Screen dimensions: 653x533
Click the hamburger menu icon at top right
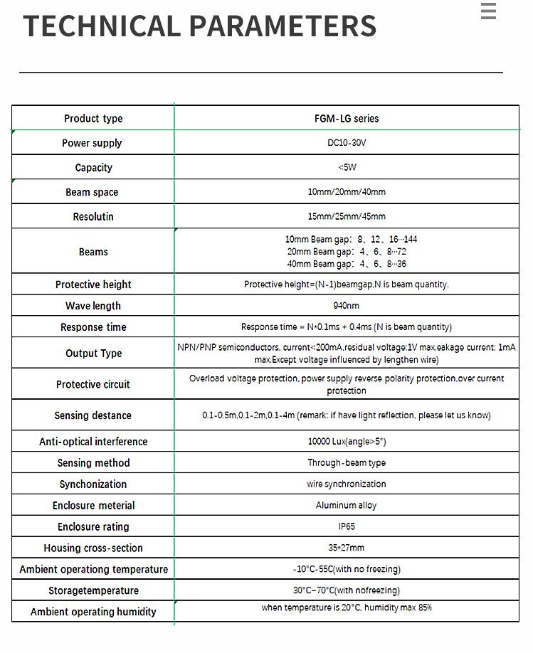pos(488,11)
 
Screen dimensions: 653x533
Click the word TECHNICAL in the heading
pos(102,27)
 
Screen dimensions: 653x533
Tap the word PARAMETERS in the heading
pos(283,27)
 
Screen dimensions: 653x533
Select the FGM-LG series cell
pos(347,119)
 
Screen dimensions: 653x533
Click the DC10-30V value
pos(347,143)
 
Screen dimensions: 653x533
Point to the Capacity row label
pos(93,168)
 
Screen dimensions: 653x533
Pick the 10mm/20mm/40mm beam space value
pos(347,192)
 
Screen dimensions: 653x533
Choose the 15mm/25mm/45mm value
pos(347,216)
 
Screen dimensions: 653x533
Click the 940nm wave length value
pos(347,306)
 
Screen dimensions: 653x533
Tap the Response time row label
pos(93,327)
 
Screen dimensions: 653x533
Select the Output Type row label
pos(93,354)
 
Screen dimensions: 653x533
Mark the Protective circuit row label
pos(93,384)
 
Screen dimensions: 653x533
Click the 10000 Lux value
pos(347,442)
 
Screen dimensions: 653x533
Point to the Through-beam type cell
pos(347,463)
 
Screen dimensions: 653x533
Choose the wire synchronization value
pos(347,484)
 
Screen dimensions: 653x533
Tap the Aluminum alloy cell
pos(347,506)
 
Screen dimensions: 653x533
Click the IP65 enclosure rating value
pos(347,527)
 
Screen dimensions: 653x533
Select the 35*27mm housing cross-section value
pos(347,548)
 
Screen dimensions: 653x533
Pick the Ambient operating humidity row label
pos(93,612)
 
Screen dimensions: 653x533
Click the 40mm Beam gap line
pos(347,264)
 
